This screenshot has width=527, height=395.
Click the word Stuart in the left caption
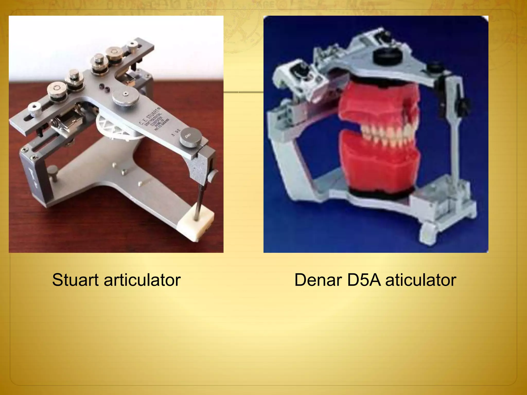pyautogui.click(x=75, y=280)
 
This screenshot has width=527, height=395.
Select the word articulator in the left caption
pyautogui.click(x=142, y=280)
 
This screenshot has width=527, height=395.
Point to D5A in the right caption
pyautogui.click(x=364, y=280)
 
